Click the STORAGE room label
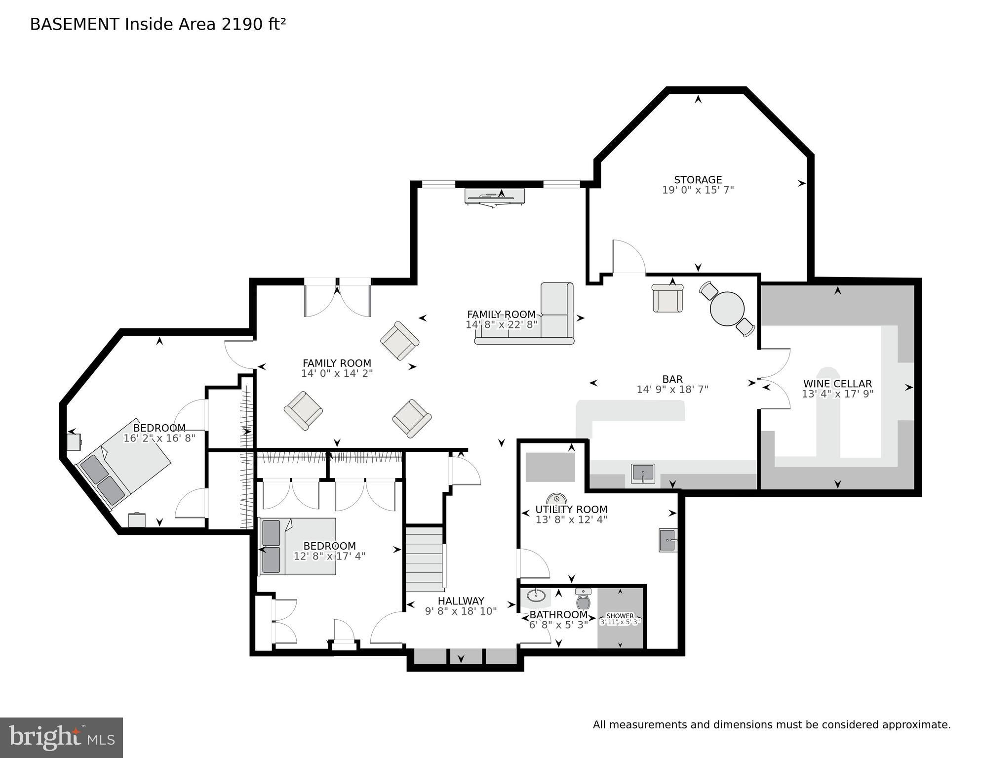(698, 180)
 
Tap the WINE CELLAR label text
(837, 384)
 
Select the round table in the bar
(727, 308)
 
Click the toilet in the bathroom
(583, 599)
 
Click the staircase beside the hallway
(424, 559)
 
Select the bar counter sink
(643, 474)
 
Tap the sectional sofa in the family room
(543, 321)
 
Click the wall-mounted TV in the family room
(495, 197)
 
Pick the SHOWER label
(620, 616)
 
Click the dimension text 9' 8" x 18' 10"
(461, 611)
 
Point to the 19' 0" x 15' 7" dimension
(698, 190)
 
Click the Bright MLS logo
(61, 737)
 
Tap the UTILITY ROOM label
(571, 509)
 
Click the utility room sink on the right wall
(667, 540)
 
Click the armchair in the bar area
(667, 298)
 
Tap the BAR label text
(672, 379)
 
